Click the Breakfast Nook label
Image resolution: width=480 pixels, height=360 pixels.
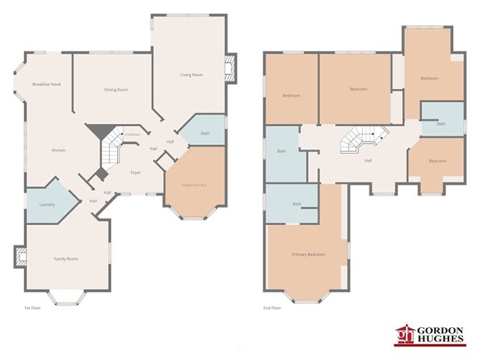click(47, 84)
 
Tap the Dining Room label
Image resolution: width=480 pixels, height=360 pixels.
click(116, 90)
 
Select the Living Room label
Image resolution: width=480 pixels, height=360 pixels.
click(191, 75)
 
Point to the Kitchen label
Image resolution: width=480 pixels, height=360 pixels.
click(59, 150)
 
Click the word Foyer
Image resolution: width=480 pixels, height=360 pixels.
click(135, 173)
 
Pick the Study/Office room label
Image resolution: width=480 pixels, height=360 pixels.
click(195, 185)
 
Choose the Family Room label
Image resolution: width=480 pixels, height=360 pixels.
click(66, 259)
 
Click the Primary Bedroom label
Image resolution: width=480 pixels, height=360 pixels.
click(308, 255)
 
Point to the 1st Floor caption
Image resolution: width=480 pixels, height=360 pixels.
click(32, 308)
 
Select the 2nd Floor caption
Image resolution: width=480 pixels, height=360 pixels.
click(272, 308)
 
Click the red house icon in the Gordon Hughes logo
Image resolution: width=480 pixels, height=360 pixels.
click(406, 335)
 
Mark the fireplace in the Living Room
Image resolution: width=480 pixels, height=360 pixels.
click(231, 68)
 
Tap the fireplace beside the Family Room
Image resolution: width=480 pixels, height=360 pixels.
click(19, 256)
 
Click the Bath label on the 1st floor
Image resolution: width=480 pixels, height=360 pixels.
click(205, 133)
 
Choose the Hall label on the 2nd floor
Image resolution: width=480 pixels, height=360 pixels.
click(368, 160)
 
